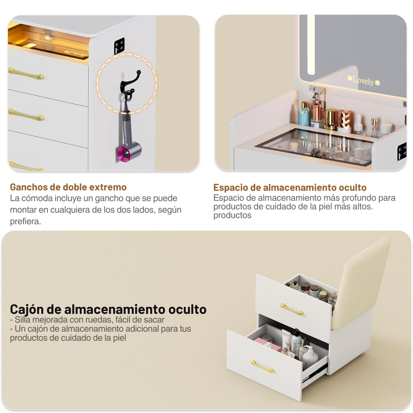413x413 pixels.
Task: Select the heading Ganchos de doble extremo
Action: (68, 187)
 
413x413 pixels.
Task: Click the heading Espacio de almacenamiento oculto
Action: (290, 188)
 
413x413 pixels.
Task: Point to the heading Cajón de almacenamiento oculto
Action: (108, 309)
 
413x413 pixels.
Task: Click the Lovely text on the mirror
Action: (363, 81)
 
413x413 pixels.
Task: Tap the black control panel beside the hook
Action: (119, 45)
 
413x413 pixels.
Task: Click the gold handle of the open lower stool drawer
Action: (262, 366)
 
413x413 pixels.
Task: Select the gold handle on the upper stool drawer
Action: (292, 309)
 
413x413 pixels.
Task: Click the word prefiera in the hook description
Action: (25, 221)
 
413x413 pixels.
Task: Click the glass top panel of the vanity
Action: (314, 145)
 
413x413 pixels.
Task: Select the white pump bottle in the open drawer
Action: (311, 358)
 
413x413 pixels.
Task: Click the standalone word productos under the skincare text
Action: (232, 216)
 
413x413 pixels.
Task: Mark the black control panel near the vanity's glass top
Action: (401, 151)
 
